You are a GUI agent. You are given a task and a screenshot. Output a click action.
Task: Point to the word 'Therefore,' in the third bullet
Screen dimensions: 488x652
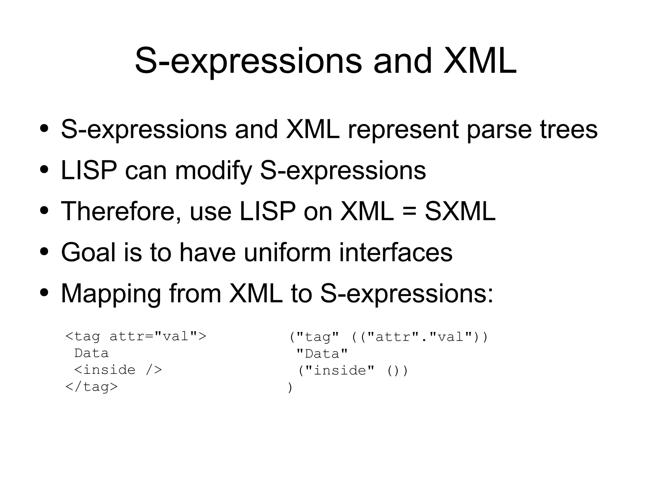click(121, 211)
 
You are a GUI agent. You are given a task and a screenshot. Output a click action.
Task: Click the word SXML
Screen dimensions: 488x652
click(460, 211)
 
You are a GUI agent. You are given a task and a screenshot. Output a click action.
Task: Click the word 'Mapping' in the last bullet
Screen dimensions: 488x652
click(111, 294)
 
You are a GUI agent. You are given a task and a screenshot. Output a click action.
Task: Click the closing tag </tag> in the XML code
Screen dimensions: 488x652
click(91, 387)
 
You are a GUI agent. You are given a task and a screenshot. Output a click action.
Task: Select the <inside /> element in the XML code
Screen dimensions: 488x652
click(118, 370)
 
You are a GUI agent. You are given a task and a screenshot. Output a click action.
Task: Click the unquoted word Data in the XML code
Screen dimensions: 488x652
click(91, 353)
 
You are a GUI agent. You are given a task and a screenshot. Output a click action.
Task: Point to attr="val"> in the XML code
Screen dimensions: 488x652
click(158, 336)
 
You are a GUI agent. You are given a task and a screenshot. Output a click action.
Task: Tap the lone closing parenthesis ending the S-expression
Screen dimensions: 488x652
click(290, 388)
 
